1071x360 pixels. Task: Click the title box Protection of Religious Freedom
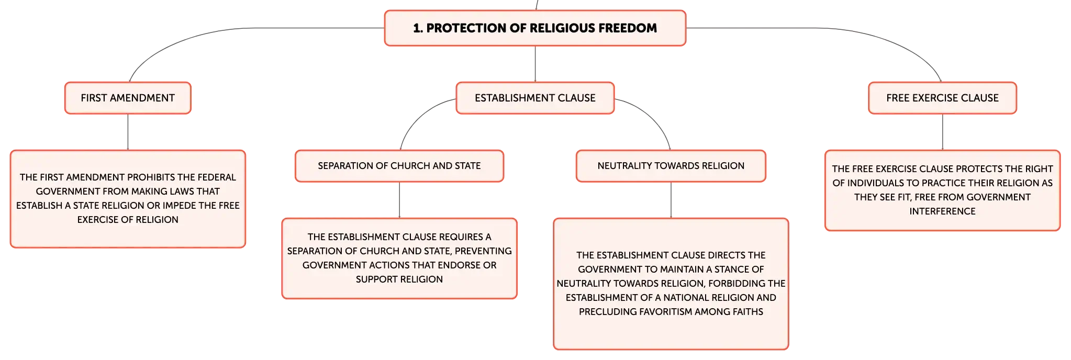535,28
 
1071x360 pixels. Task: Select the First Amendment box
128,98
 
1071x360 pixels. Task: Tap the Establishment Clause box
535,98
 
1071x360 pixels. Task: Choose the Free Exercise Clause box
942,98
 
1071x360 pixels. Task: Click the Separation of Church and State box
399,166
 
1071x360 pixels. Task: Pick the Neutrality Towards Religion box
671,166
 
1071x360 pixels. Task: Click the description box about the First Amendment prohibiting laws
128,199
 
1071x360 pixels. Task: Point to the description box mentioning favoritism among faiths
671,284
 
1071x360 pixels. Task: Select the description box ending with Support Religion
399,258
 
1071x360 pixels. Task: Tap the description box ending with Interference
942,190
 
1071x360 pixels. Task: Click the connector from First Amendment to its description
128,132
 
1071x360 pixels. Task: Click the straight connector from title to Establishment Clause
535,64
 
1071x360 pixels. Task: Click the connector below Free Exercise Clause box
942,132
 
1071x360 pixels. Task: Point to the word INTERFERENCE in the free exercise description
942,211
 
